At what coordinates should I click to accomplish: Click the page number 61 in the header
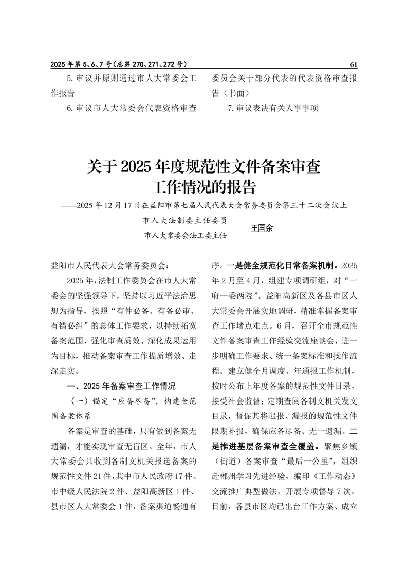click(x=353, y=65)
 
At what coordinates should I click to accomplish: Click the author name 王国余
click(x=262, y=228)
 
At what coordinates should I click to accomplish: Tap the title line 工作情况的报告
click(x=203, y=186)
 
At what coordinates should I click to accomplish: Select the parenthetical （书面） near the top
click(x=235, y=94)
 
